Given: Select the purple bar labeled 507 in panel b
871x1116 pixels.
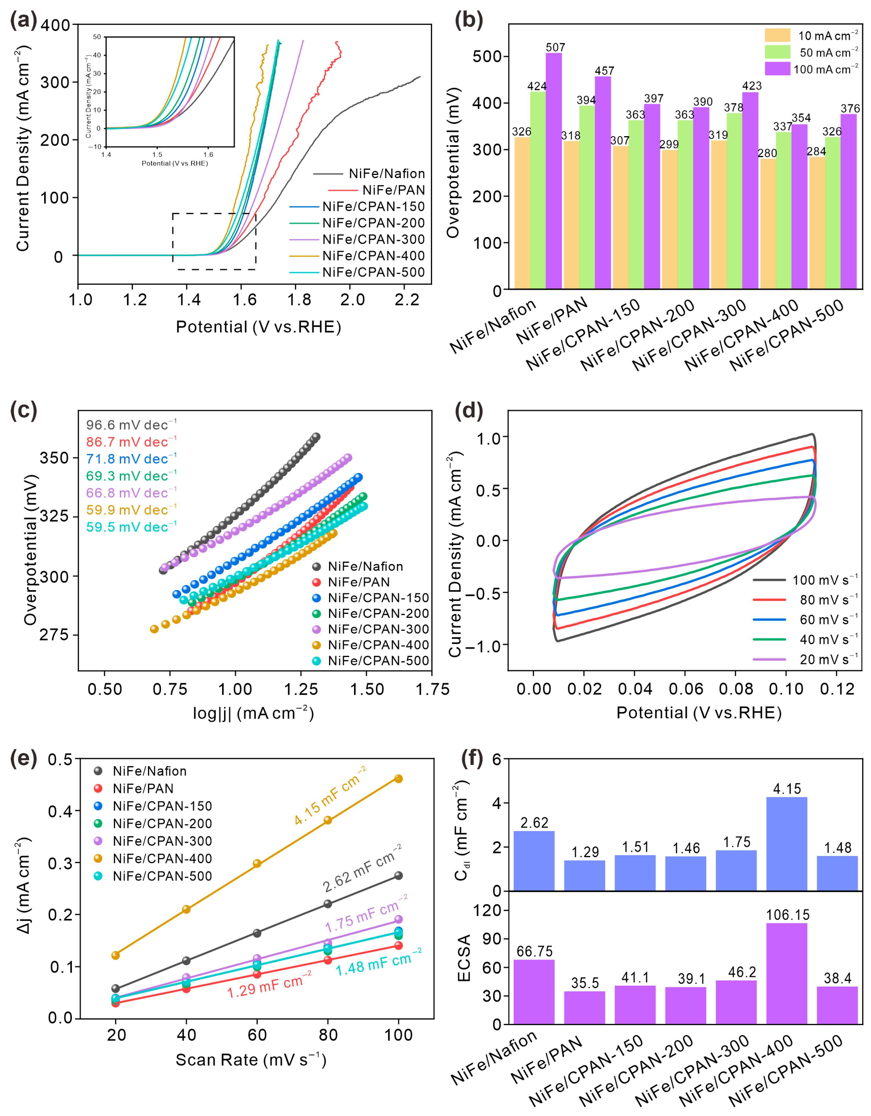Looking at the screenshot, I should (554, 171).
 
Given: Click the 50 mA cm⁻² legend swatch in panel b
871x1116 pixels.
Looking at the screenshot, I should (777, 52).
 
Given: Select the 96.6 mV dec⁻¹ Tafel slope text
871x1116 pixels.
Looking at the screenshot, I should (131, 425).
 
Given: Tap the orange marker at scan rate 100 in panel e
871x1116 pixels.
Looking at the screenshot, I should (399, 779).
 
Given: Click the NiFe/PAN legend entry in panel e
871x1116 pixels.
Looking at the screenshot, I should (143, 789).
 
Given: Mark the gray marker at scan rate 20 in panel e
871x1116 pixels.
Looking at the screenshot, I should (116, 989).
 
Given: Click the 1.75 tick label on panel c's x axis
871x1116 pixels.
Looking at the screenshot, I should (432, 689).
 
